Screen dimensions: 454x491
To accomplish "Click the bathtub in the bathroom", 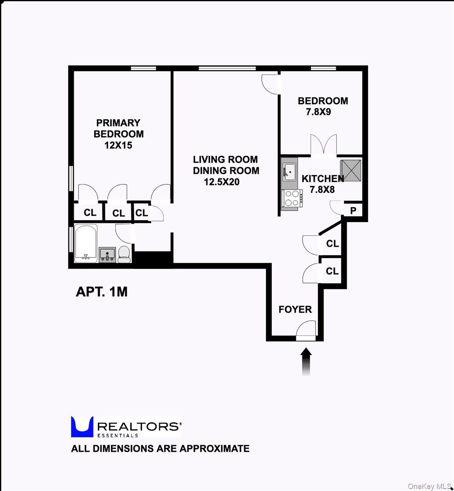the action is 86,243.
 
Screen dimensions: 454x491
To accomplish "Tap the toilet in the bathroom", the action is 124,255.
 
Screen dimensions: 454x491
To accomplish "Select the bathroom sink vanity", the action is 107,255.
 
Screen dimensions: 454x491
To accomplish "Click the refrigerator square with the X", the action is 351,171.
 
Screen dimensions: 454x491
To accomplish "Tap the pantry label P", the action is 353,211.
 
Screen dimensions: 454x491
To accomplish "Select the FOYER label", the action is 295,309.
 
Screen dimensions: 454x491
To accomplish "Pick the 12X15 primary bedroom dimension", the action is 119,145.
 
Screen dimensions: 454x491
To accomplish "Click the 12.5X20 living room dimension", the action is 221,182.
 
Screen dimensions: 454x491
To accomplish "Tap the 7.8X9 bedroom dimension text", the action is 318,112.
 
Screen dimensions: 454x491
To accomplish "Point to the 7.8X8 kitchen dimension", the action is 322,189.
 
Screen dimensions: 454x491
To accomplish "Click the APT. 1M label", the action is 101,292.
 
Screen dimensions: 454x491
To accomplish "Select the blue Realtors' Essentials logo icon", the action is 82,426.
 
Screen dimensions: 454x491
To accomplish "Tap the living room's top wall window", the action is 227,68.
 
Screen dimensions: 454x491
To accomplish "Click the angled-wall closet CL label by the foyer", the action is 333,244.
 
